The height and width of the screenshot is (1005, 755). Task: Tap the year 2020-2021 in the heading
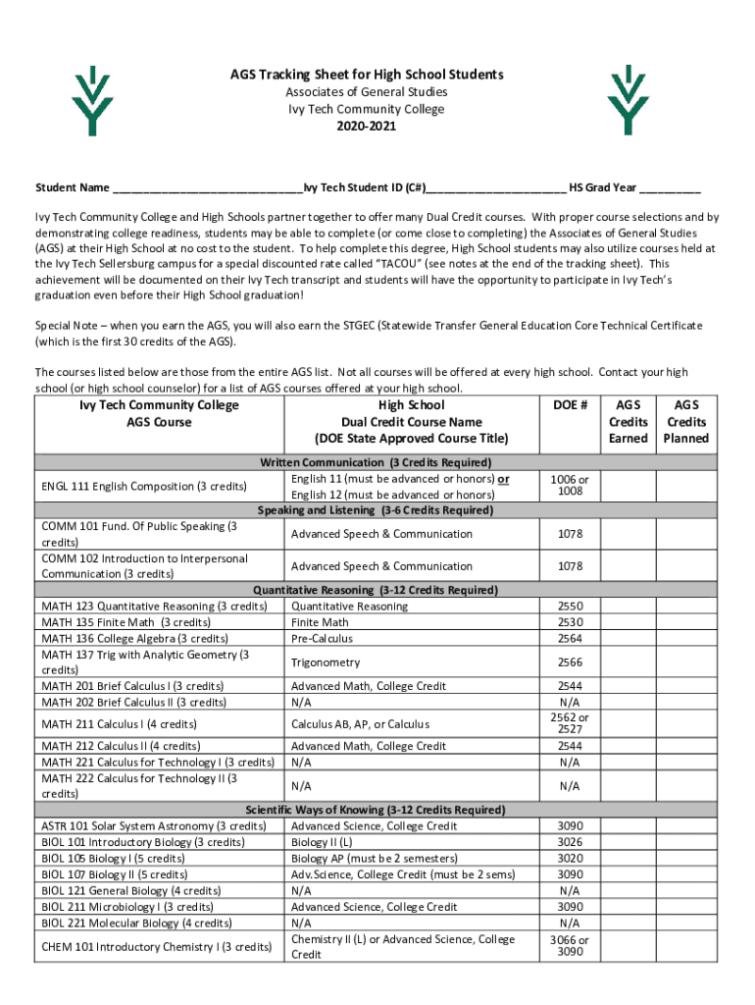(x=366, y=127)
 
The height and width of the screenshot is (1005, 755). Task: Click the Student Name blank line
(x=207, y=188)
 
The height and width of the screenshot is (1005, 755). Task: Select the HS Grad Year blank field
(x=671, y=188)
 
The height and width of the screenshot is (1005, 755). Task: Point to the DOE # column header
(x=570, y=405)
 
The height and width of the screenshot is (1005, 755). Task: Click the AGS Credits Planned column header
(x=686, y=421)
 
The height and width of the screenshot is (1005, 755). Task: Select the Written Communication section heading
(x=376, y=462)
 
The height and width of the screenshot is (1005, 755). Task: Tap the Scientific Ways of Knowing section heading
(x=376, y=811)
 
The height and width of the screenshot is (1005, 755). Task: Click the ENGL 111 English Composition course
(x=144, y=487)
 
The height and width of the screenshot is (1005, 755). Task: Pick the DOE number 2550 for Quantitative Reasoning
(x=570, y=607)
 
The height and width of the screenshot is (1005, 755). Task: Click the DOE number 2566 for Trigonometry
(x=570, y=662)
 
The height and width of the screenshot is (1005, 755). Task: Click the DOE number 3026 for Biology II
(x=570, y=842)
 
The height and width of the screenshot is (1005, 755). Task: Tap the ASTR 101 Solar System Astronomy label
(x=154, y=826)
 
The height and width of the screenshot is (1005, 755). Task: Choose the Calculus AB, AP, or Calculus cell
(x=361, y=724)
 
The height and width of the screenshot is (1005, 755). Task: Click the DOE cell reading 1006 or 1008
(x=570, y=485)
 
